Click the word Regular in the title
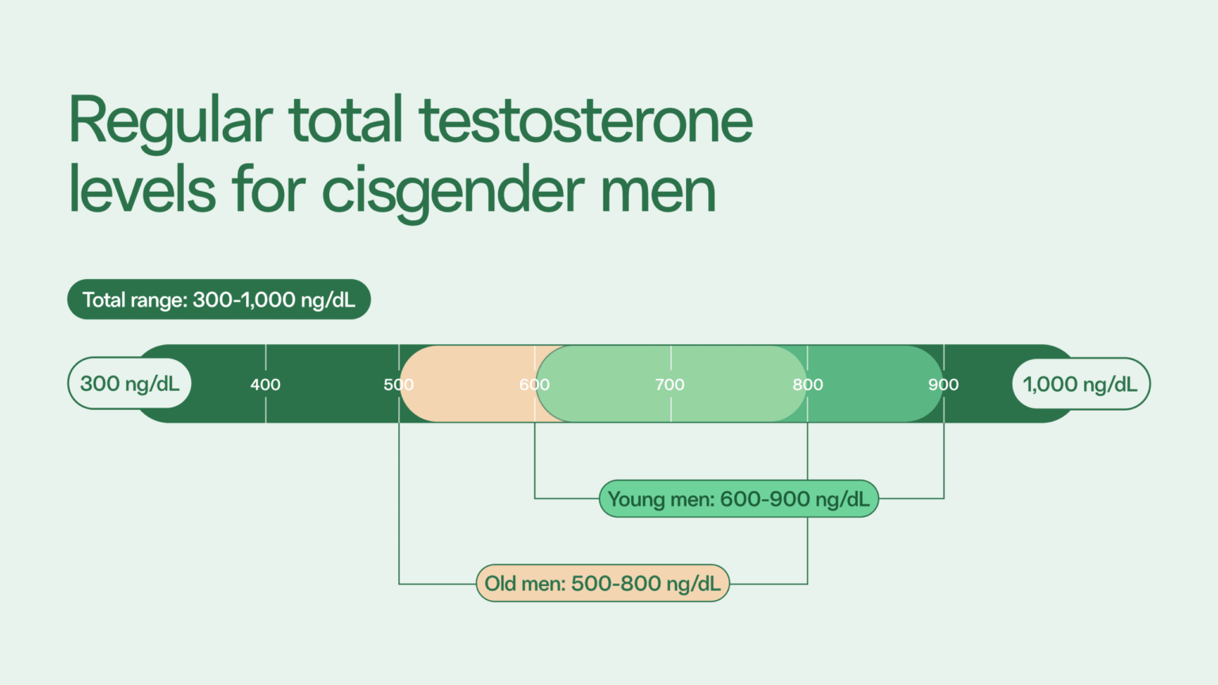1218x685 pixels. (170, 121)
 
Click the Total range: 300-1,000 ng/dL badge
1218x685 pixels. (219, 300)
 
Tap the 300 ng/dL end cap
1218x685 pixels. (130, 384)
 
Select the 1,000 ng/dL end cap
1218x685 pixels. (1080, 385)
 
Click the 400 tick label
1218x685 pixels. (266, 385)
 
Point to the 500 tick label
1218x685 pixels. (399, 385)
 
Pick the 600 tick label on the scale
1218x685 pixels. (534, 385)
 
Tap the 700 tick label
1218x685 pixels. (670, 385)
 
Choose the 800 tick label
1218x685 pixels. (808, 385)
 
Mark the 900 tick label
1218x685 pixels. (944, 385)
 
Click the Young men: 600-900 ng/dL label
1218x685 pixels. (738, 499)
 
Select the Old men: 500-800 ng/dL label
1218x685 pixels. (603, 584)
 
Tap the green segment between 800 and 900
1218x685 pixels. (872, 384)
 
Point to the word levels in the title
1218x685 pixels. (143, 190)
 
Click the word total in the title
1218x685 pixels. (347, 121)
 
